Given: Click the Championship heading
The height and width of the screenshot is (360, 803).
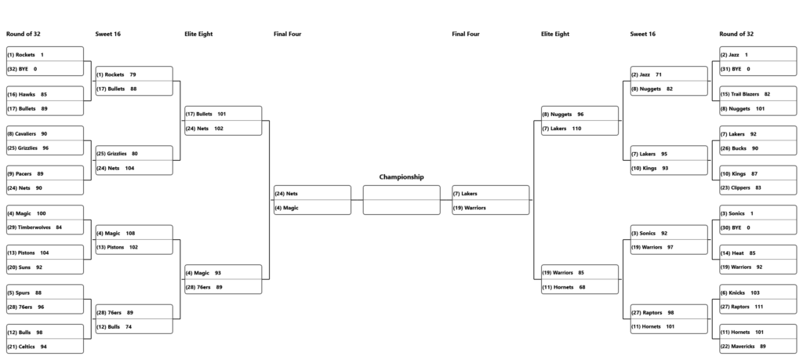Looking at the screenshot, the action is tap(401, 177).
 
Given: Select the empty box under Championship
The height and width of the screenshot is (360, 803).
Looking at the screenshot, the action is tap(401, 200).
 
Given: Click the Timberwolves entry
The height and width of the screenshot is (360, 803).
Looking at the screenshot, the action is tap(35, 227).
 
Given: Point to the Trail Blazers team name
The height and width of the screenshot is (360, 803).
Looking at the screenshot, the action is tap(745, 94).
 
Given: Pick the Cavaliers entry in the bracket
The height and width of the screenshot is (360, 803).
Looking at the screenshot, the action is tap(21, 134).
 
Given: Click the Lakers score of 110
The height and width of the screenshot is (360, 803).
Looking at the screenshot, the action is tap(576, 129).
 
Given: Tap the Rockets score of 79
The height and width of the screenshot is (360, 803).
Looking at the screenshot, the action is tap(133, 75).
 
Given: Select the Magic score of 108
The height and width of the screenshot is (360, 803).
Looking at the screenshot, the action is tap(131, 234).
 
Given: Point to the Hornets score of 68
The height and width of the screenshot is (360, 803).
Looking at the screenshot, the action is tap(583, 287).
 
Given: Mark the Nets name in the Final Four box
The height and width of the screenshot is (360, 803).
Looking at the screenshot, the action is tap(292, 194).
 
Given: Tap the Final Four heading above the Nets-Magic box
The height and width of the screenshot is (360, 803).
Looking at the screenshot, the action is tap(287, 35).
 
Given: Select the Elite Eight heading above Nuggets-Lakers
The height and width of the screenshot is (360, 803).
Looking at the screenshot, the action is tap(555, 35).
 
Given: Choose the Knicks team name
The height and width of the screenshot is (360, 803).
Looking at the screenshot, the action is tap(737, 293).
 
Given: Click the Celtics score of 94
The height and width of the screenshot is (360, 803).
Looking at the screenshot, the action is tap(44, 347).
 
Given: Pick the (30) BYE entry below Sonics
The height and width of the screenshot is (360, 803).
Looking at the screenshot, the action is tap(735, 228).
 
